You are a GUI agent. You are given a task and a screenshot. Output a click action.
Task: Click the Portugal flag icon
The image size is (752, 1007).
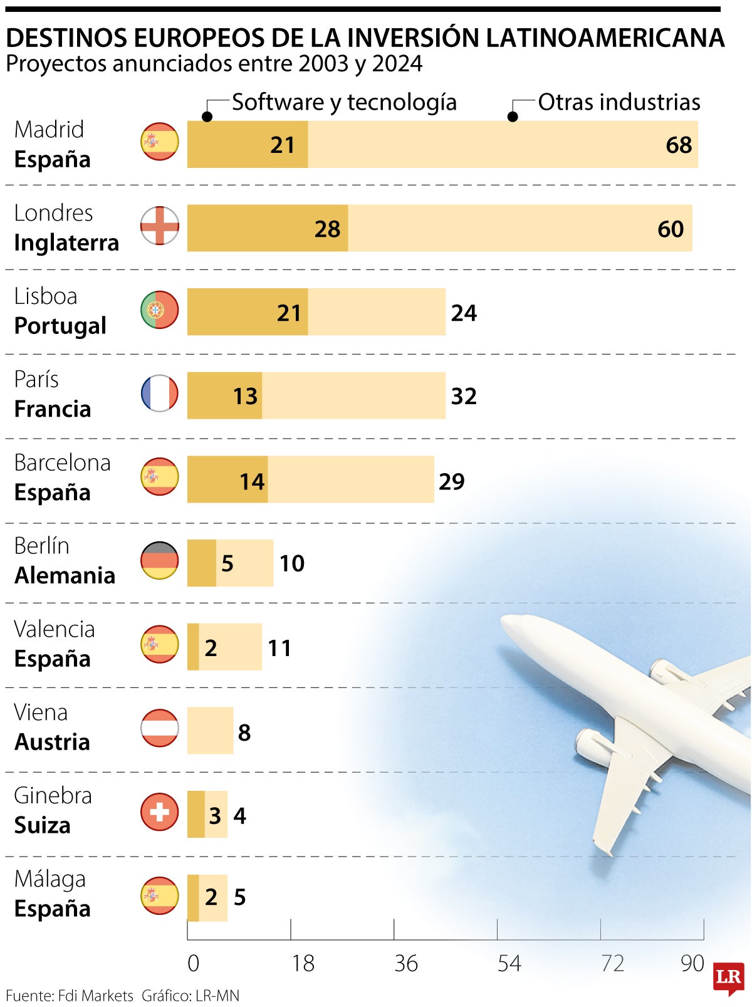tap(159, 310)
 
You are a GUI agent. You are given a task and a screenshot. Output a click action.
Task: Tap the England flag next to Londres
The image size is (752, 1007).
tap(159, 226)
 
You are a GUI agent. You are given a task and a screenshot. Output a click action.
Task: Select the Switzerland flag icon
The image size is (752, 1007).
tap(159, 812)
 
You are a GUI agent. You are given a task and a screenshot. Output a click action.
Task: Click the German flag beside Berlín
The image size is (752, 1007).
tap(159, 560)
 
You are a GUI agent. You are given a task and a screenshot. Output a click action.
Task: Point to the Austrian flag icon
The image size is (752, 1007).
tap(159, 728)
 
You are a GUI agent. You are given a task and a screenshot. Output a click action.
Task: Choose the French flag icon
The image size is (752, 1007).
tap(159, 393)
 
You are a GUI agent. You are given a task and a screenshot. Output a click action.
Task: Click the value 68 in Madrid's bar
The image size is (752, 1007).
tap(679, 145)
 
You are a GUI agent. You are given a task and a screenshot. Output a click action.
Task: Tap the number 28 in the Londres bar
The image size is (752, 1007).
tap(327, 229)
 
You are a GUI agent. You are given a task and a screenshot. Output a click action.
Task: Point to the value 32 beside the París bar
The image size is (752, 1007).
tap(464, 397)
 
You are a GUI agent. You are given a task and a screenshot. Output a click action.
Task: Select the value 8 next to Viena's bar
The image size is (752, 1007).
tap(244, 733)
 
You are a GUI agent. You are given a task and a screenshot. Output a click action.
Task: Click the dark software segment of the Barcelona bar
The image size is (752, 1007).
tap(227, 479)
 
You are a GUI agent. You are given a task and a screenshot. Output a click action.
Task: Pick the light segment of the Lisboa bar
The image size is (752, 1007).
tap(376, 312)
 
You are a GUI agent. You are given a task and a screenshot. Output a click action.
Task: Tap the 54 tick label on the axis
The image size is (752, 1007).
tap(509, 964)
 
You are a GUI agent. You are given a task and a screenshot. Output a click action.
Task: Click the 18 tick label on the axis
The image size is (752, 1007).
tap(303, 964)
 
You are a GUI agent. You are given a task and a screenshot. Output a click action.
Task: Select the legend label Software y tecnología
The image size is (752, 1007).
tap(344, 102)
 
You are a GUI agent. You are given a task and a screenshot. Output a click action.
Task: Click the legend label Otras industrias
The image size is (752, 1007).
tap(619, 102)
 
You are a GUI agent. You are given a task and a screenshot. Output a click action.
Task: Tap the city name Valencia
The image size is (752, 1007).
tap(55, 629)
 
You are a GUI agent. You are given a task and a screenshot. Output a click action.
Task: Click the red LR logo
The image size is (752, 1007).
tap(728, 978)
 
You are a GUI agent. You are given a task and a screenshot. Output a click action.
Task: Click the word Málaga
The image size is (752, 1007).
tap(50, 879)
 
